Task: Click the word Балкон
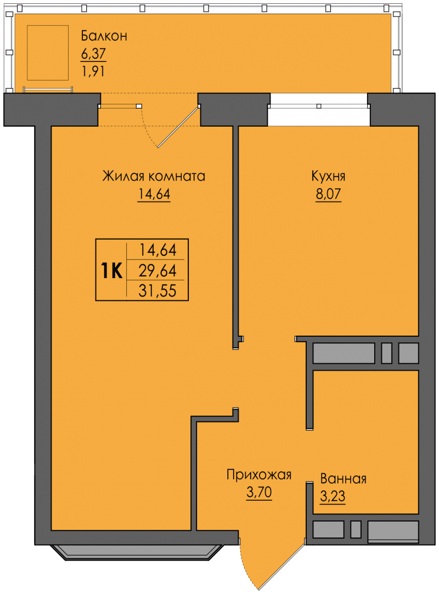104,36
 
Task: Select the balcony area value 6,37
93,53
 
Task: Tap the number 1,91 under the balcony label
93,71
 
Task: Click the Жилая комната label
154,176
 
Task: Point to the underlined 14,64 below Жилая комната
154,194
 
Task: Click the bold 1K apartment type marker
111,270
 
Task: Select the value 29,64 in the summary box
157,270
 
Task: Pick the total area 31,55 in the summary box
157,291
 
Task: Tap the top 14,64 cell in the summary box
157,250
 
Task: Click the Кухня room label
328,176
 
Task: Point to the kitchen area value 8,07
328,194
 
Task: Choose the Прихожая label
259,474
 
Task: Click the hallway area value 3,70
259,492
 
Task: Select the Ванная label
344,479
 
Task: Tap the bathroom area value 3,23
333,496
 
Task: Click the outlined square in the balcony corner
48,53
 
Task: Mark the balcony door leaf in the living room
178,127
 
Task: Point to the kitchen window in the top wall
319,106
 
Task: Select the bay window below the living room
137,552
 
